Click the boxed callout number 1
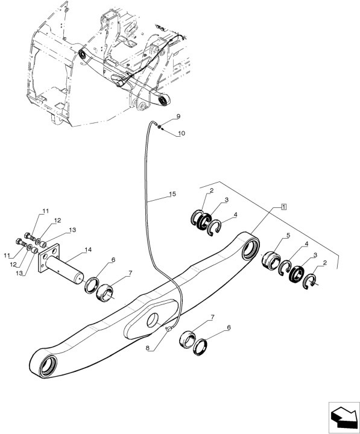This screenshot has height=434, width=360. (283, 208)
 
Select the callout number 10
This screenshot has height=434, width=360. (182, 133)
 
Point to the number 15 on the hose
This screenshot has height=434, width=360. (172, 194)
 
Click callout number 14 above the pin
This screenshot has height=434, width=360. (89, 250)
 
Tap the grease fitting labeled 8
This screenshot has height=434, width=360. (169, 329)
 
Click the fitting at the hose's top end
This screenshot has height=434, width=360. (157, 125)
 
